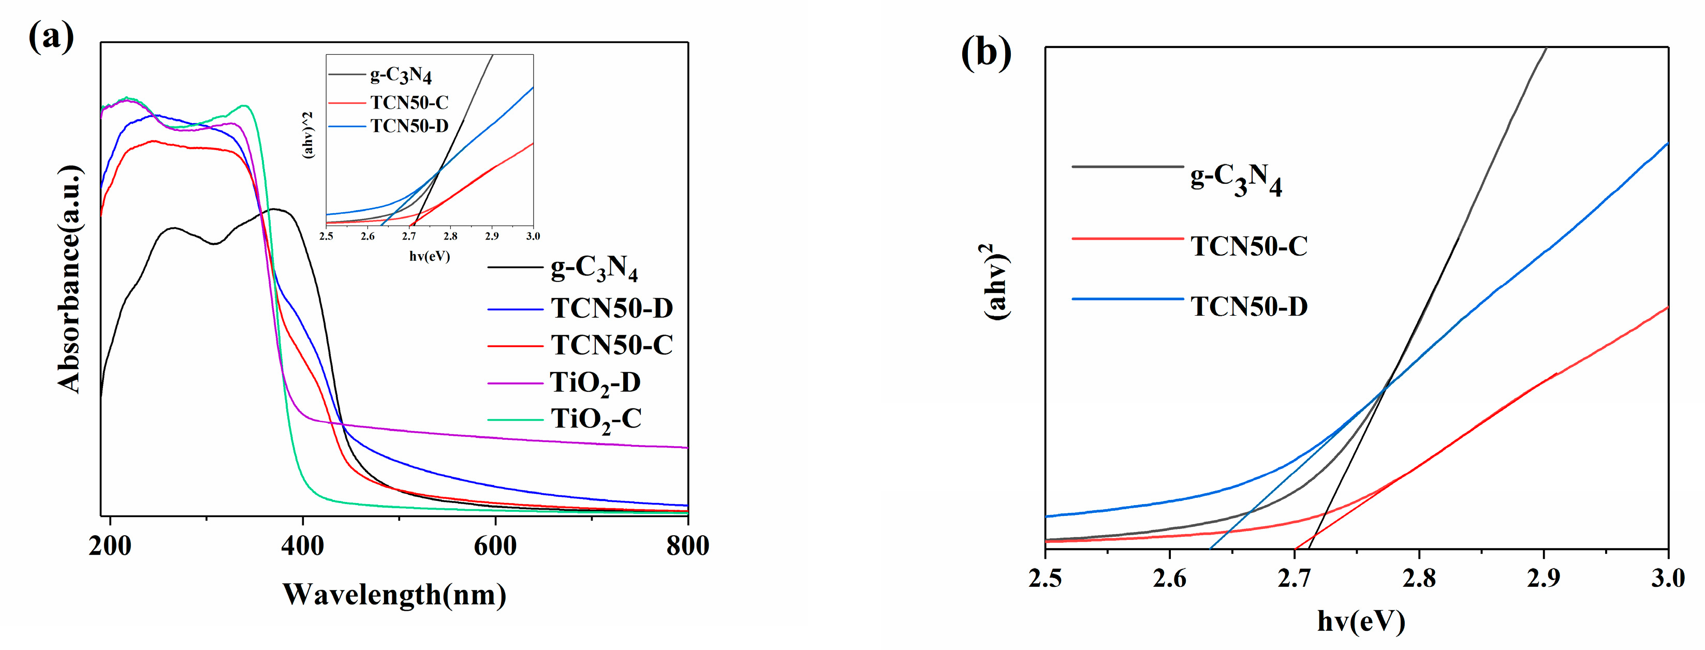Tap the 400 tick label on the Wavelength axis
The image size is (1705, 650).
tap(302, 546)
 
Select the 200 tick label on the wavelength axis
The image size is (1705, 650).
tap(110, 546)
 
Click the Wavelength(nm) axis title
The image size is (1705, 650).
tap(394, 595)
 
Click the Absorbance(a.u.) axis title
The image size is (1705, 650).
tap(69, 279)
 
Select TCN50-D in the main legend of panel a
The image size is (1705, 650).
tap(612, 308)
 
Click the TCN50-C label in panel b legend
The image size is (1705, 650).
tap(1249, 246)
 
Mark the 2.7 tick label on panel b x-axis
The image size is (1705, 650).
tap(1294, 579)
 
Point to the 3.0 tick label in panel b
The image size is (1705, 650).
tap(1667, 579)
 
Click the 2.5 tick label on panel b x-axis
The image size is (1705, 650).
tap(1045, 579)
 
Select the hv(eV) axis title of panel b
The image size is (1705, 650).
tap(1361, 621)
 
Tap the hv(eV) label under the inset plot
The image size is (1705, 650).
tap(430, 256)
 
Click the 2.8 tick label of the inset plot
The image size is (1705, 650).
tap(450, 237)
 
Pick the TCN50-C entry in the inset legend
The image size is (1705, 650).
tap(409, 102)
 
